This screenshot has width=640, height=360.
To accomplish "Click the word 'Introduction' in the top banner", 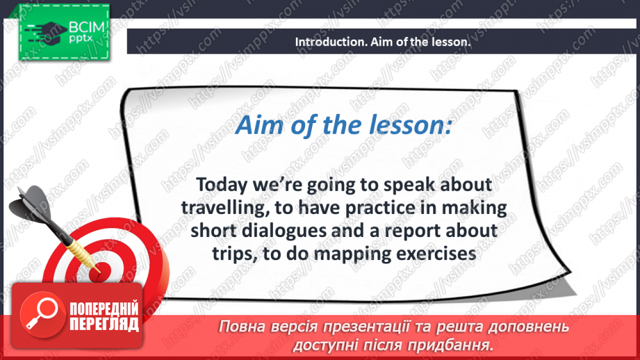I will [323, 42].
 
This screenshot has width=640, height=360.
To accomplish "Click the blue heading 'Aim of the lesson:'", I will [344, 126].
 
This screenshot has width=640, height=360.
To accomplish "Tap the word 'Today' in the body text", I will [220, 186].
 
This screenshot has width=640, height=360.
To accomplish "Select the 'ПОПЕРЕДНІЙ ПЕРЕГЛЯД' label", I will [104, 316].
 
